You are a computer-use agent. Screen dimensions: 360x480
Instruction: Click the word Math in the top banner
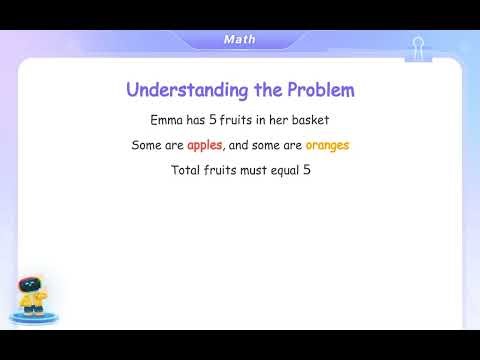[239, 39]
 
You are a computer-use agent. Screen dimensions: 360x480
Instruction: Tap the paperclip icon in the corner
[418, 47]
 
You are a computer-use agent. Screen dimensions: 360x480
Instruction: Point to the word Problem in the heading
[321, 90]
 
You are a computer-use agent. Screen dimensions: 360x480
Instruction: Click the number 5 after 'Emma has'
[222, 119]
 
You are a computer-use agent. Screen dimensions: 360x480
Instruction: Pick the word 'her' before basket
[288, 119]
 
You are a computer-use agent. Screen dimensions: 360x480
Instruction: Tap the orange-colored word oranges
[327, 146]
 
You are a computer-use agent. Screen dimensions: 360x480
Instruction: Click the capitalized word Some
[148, 145]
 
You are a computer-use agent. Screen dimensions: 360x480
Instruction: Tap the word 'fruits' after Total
[222, 171]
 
